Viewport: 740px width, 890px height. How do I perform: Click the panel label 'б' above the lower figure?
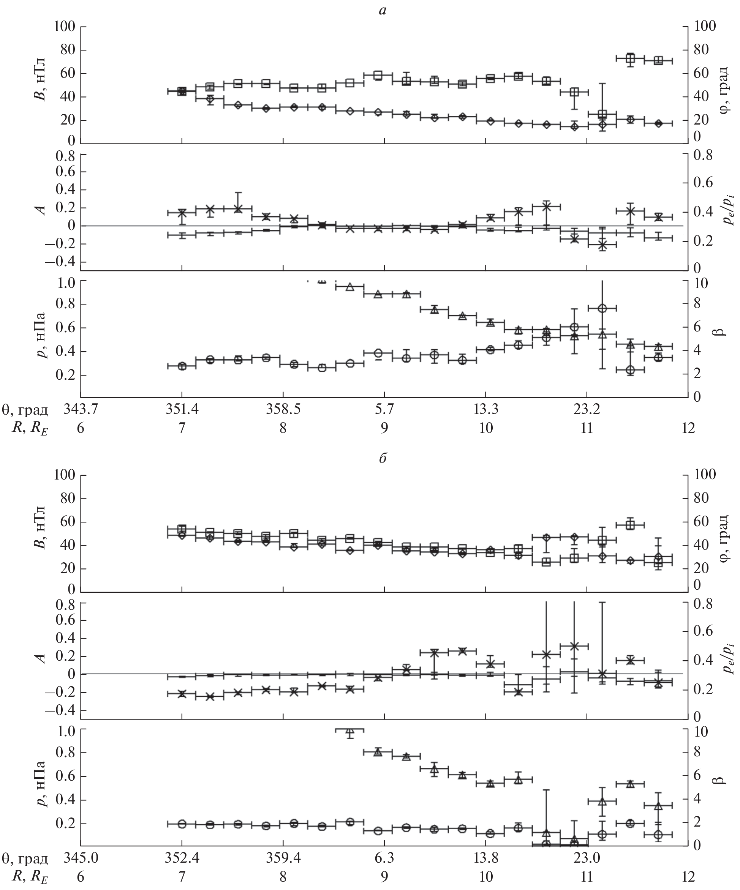point(383,459)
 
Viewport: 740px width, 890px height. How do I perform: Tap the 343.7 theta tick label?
point(81,409)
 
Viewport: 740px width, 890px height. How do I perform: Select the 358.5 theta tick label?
point(283,409)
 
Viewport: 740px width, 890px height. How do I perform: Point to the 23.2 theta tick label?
point(587,409)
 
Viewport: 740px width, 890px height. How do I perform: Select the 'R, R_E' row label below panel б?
point(30,876)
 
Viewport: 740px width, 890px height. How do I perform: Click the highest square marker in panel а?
point(630,58)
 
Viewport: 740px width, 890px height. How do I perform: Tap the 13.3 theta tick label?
point(485,409)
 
